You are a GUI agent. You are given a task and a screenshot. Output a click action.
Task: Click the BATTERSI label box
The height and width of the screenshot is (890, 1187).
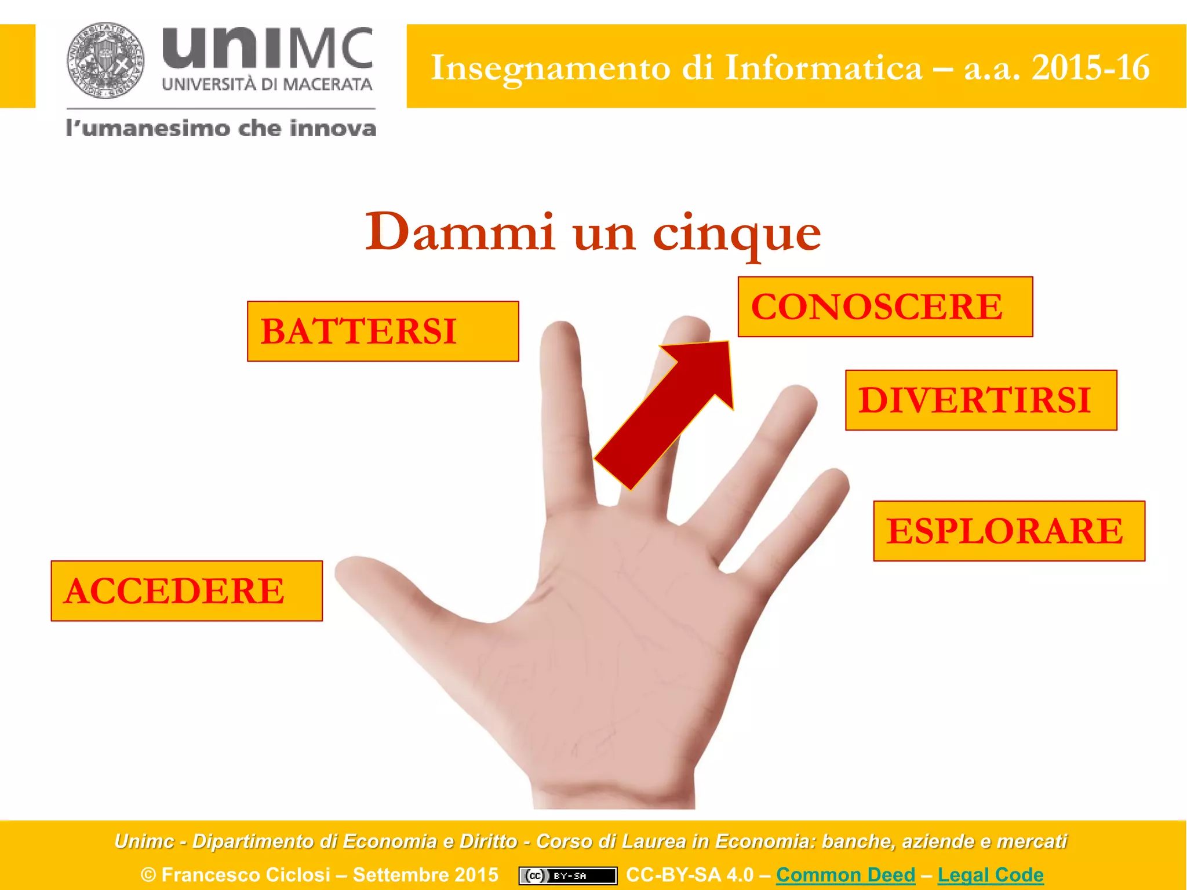click(383, 331)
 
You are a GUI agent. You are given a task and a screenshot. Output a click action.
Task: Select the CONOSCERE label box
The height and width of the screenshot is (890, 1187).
click(885, 307)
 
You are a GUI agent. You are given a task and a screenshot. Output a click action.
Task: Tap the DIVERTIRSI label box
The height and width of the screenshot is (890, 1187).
click(981, 400)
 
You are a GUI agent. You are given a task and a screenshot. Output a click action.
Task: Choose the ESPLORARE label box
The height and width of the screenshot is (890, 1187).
click(1009, 531)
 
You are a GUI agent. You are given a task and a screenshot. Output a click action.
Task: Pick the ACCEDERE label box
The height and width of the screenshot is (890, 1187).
click(187, 591)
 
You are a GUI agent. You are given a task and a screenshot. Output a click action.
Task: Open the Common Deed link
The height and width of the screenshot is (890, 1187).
click(846, 874)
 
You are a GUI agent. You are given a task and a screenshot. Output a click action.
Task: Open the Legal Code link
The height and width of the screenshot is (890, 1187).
click(991, 874)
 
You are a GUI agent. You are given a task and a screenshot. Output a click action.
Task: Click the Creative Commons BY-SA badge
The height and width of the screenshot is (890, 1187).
click(567, 876)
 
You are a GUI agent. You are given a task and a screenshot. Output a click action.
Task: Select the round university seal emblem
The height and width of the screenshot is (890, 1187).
click(105, 61)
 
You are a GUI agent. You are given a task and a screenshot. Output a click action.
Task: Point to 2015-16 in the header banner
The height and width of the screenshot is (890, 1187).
click(1090, 68)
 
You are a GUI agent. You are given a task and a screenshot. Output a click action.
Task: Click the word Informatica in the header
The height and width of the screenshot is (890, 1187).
click(824, 68)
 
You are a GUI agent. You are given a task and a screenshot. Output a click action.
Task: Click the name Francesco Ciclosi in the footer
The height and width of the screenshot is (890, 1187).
click(246, 874)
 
